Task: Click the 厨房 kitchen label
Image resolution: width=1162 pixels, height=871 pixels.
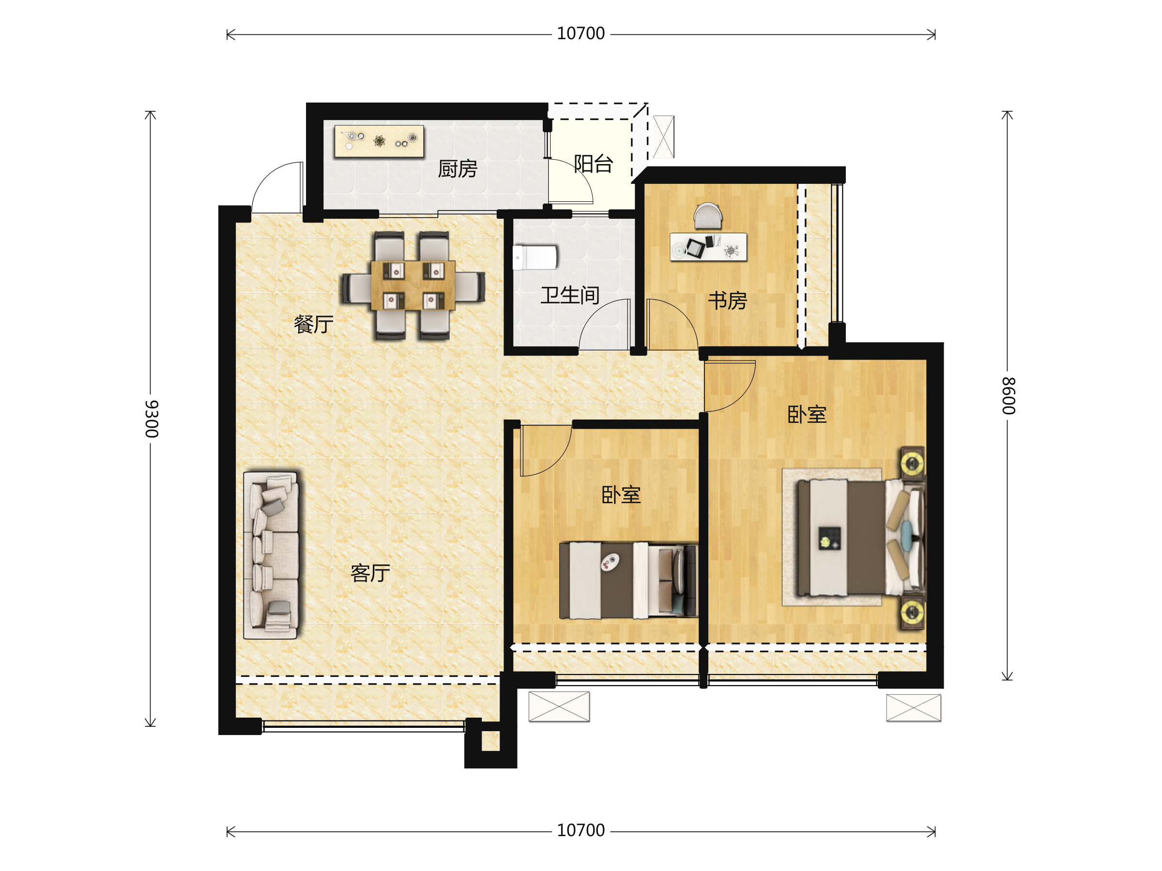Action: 458,169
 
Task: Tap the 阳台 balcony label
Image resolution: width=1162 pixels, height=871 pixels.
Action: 594,164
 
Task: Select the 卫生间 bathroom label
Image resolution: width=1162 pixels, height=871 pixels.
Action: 570,296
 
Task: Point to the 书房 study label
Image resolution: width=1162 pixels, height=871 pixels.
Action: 728,301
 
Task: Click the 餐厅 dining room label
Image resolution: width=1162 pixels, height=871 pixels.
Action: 314,325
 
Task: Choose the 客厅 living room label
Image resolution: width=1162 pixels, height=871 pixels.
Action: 370,573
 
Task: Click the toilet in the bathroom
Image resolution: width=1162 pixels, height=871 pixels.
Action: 535,257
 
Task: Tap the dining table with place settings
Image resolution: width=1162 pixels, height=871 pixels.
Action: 413,285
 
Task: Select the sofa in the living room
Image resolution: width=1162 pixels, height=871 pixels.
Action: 271,555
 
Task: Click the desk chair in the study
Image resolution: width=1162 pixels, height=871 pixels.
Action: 708,216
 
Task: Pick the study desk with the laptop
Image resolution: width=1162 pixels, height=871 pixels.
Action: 708,247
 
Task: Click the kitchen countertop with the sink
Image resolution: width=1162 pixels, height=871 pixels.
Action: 379,141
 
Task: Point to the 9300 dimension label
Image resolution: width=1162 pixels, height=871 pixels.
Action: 151,419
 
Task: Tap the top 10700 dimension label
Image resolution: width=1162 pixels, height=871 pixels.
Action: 581,33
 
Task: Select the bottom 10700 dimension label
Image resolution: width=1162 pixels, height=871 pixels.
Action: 581,830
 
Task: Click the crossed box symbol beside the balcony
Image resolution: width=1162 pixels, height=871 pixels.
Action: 663,137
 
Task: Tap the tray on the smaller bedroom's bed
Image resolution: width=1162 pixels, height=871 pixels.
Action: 610,562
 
